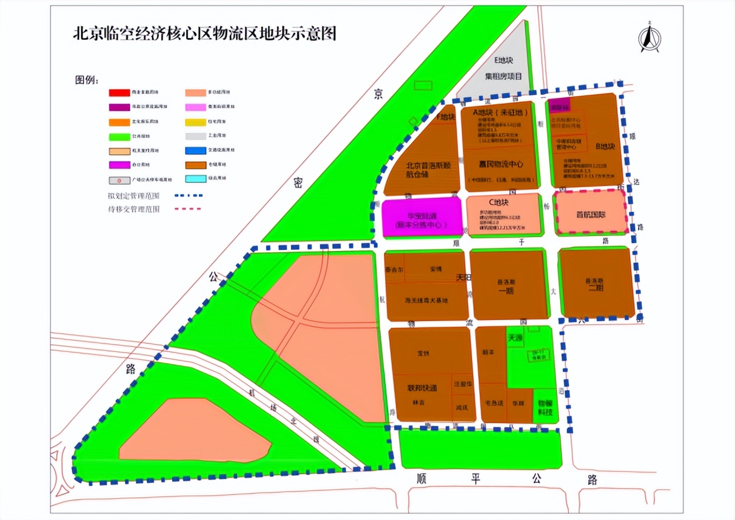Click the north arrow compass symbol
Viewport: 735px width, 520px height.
coord(649,38)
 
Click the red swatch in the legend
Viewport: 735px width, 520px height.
coord(119,93)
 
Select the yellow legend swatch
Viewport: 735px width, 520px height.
coord(195,122)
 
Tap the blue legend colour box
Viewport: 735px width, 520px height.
coord(195,150)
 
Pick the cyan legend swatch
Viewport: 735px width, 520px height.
coord(195,179)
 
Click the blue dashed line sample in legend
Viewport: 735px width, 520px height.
coord(189,196)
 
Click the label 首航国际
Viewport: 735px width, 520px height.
coord(590,214)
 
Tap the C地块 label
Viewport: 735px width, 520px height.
coord(498,202)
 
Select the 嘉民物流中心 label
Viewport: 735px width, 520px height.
coord(500,164)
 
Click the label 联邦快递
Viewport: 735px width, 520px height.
coord(422,388)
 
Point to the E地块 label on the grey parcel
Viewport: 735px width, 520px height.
coord(503,61)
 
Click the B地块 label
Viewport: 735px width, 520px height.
coord(605,146)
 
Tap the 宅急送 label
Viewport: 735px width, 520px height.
coord(494,403)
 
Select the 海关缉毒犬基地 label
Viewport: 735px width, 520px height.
coord(426,300)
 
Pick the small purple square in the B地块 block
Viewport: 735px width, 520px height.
coord(558,105)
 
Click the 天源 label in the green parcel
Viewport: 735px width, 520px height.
coord(515,338)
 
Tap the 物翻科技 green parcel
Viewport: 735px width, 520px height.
coord(545,408)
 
